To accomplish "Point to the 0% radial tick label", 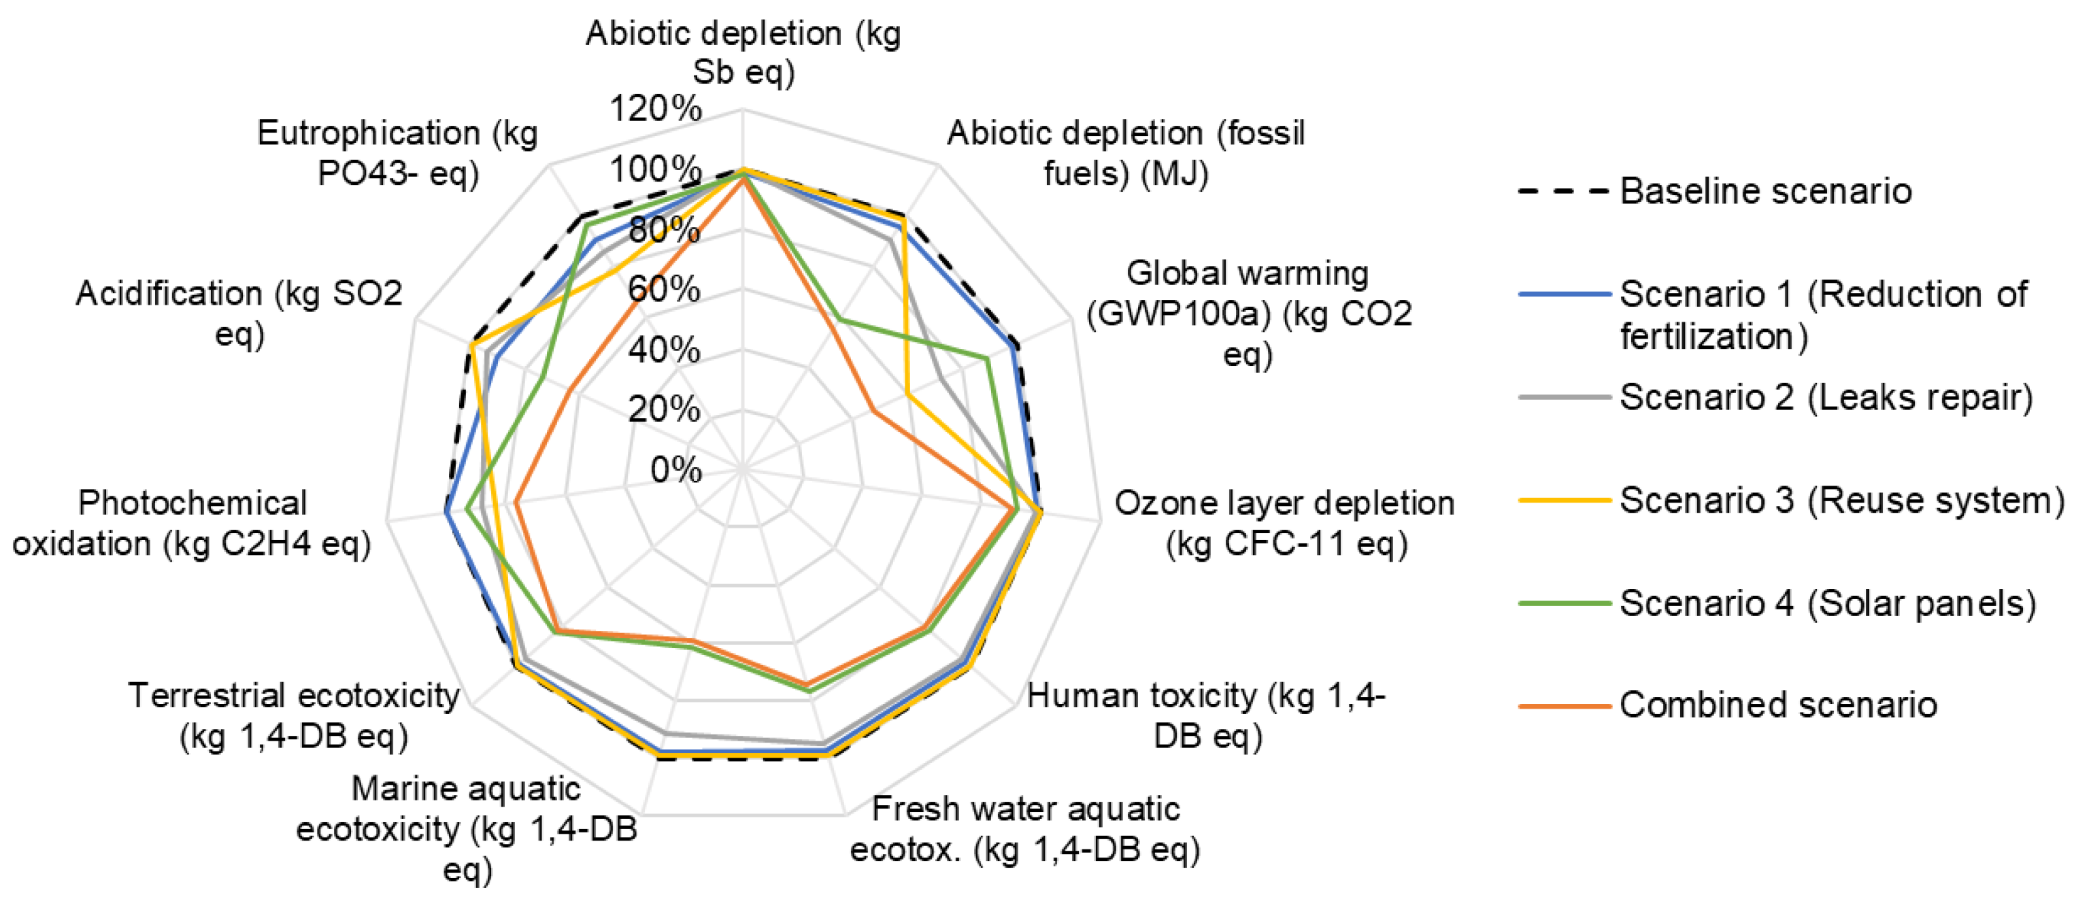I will [675, 469].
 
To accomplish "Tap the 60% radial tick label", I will [663, 289].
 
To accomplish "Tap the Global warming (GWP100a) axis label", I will [1248, 314].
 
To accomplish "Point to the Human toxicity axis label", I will [1205, 715].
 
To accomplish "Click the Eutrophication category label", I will [398, 153].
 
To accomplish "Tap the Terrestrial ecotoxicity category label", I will [294, 715].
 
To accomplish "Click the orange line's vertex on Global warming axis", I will [873, 411].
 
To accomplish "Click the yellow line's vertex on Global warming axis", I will [907, 394].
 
